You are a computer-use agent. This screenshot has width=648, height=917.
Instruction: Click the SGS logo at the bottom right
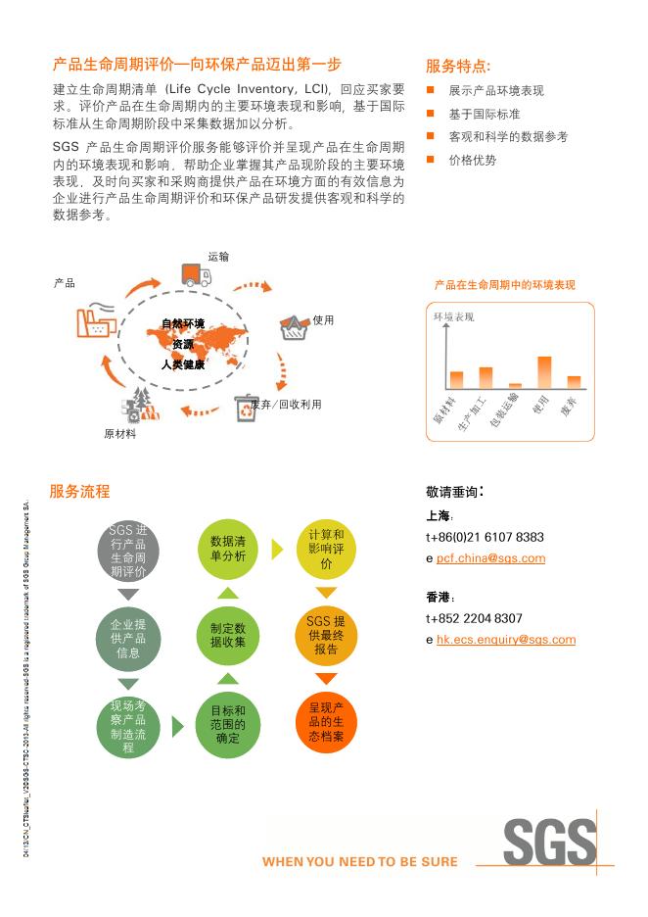coord(549,841)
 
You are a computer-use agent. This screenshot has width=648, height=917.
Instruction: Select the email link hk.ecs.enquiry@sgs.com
coord(505,640)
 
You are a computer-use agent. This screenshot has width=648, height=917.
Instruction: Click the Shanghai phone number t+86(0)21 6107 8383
coord(485,538)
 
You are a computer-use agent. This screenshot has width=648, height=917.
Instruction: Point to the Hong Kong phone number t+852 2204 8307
coord(474,619)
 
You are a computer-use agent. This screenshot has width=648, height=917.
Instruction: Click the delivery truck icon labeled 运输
coord(196,275)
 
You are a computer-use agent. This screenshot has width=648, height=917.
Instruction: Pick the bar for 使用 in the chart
coord(544,372)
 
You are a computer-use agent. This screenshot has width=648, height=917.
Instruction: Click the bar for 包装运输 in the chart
coord(515,385)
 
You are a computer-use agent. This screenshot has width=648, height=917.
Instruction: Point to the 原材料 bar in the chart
coord(456,380)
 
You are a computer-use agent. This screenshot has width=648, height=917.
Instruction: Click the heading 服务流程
coord(79,492)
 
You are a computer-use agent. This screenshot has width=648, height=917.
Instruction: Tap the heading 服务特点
coord(458,67)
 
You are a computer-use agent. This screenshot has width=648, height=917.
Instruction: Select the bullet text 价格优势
coord(472,160)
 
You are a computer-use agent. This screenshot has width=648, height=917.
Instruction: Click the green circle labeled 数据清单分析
coord(227,549)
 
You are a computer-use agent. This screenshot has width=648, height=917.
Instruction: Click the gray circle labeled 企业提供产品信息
coord(128,638)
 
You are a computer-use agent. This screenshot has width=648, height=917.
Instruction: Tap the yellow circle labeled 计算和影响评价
coord(326,549)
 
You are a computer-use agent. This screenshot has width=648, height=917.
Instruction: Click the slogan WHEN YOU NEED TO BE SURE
coord(359,862)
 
